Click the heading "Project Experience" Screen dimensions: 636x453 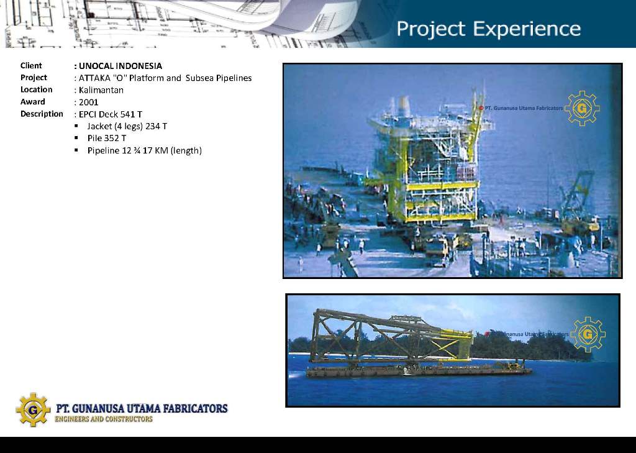[488, 29]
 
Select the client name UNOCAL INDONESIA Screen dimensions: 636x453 [120, 66]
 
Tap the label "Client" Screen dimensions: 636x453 [31, 65]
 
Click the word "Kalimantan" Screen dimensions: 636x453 [101, 90]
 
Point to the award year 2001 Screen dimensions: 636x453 [88, 103]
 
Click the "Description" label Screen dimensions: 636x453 [42, 114]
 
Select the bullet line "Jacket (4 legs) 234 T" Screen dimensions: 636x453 [127, 126]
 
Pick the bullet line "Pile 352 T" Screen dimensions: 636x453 [107, 139]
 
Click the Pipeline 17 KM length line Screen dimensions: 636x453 [144, 150]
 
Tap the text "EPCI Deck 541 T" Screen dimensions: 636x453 [111, 114]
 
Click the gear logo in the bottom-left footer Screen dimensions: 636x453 [33, 409]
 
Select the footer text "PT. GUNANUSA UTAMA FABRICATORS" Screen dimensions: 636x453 [142, 408]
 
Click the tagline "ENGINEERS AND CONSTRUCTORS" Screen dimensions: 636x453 [104, 419]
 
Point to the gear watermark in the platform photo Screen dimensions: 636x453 [582, 108]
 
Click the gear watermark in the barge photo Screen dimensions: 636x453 [588, 334]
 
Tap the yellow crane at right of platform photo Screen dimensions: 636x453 [579, 203]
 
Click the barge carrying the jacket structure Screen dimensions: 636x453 [419, 371]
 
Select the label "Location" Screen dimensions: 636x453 [37, 89]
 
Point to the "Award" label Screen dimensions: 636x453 [33, 102]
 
